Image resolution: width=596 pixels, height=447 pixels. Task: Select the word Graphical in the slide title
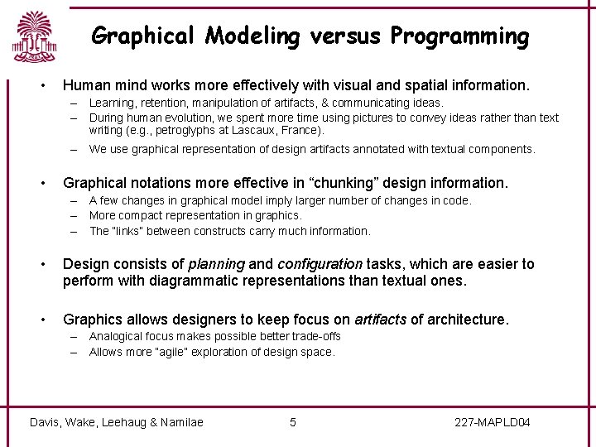pyautogui.click(x=143, y=36)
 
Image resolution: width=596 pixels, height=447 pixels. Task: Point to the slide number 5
pyautogui.click(x=292, y=423)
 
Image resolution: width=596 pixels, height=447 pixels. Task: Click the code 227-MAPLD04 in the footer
pyautogui.click(x=493, y=423)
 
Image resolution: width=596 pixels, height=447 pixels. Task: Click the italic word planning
pyautogui.click(x=216, y=264)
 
